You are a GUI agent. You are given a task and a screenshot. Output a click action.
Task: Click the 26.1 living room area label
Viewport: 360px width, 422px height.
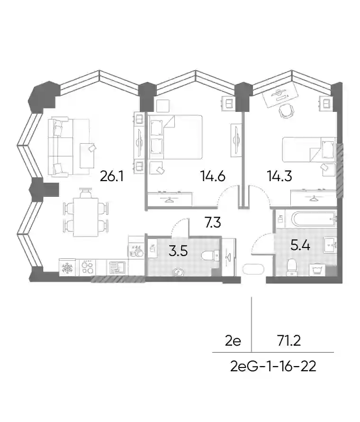click(x=112, y=176)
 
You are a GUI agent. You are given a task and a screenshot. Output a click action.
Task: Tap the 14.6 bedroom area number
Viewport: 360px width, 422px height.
click(x=213, y=176)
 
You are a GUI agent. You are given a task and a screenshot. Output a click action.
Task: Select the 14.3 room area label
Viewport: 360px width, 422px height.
click(x=279, y=176)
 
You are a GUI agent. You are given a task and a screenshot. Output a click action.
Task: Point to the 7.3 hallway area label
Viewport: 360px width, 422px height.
click(x=213, y=222)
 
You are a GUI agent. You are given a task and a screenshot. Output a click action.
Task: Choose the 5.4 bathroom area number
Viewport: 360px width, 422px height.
click(x=301, y=246)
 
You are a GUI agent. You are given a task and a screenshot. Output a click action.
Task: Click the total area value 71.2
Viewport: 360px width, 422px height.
click(x=289, y=341)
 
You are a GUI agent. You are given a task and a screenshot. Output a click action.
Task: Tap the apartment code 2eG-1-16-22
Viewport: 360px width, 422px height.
click(x=273, y=367)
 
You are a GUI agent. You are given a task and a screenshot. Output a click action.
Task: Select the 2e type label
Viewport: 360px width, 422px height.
click(x=233, y=341)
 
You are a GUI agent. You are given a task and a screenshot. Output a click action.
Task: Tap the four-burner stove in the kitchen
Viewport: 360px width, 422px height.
click(x=87, y=267)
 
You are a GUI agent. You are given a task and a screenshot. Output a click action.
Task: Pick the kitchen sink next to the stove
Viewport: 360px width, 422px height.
click(x=117, y=268)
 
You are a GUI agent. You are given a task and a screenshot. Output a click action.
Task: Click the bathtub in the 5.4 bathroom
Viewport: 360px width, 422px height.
click(x=314, y=220)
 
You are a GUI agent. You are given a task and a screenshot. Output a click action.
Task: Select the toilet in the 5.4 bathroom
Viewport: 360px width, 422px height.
click(x=291, y=267)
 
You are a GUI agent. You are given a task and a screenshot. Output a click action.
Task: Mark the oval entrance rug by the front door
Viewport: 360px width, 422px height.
click(x=253, y=269)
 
